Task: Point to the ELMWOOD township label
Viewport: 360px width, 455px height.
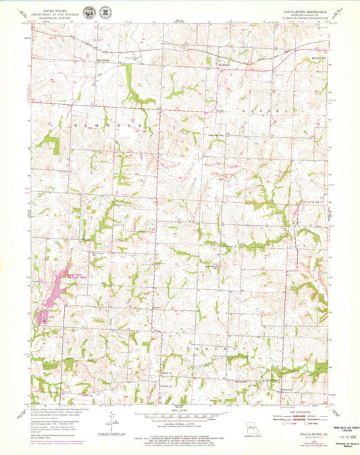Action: pos(112,126)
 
